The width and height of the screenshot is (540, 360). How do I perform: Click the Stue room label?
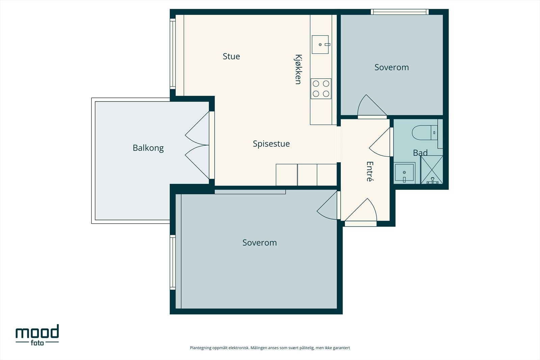pos(231,56)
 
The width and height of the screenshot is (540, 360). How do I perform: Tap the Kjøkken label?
pos(298,70)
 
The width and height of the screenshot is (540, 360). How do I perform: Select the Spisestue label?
pos(271,144)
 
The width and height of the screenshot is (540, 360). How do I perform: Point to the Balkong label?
pos(148,148)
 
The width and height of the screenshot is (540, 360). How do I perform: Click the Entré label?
pos(370,171)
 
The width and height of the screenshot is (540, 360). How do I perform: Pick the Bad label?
pos(420,153)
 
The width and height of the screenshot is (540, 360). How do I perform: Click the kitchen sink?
pos(320,45)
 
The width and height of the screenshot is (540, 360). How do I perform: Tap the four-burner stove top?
pos(321,89)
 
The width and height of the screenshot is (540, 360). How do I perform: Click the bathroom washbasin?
pos(404,173)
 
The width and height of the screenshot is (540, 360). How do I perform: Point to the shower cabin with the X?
pos(432,170)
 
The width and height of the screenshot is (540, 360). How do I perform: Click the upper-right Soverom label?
pos(391,67)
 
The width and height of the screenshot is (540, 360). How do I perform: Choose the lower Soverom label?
pos(260,243)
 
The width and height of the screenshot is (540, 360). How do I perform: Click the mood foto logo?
pos(37,335)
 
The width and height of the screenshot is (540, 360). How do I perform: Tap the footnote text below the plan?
pos(270,348)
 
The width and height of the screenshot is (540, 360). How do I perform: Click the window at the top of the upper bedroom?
pos(400,12)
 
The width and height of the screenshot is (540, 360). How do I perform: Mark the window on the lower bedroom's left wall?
pos(172,262)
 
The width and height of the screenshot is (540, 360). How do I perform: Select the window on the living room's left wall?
pos(172,54)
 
